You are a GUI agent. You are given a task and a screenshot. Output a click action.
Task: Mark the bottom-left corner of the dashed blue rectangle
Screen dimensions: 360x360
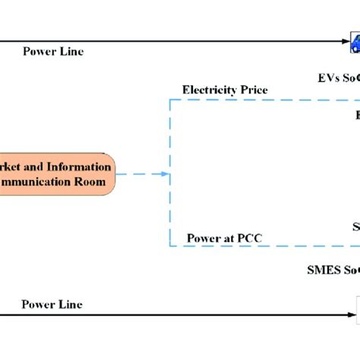click(x=169, y=246)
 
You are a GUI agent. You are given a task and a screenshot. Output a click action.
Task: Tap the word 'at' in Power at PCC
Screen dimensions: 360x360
click(x=229, y=238)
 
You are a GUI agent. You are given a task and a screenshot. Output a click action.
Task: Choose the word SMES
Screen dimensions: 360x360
click(x=321, y=270)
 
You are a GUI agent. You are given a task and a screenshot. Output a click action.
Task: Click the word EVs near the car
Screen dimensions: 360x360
click(x=328, y=77)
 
